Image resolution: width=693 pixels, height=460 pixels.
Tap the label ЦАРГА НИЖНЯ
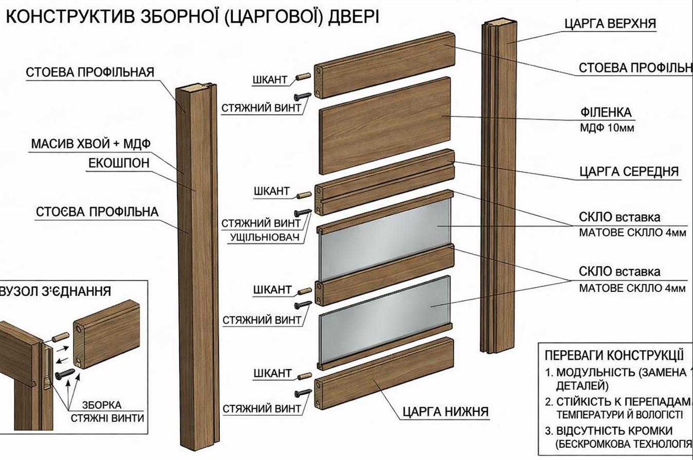445,411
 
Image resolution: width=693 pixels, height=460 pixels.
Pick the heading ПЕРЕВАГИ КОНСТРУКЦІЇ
613,355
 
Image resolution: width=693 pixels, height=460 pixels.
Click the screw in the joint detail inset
65,373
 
